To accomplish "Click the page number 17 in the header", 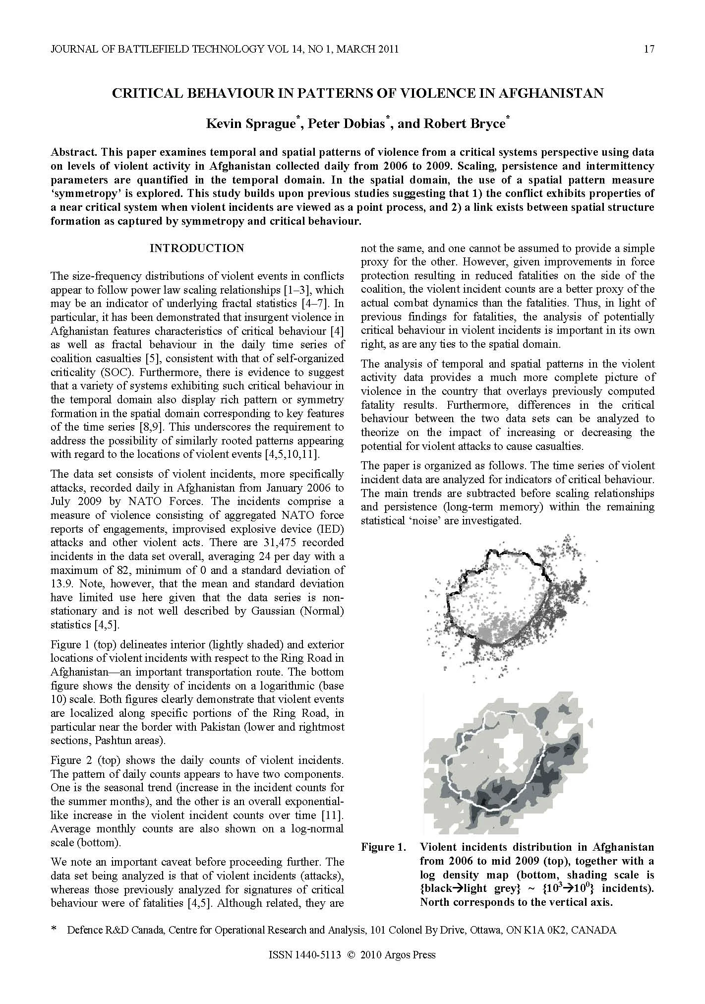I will [649, 49].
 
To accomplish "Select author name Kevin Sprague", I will [249, 124].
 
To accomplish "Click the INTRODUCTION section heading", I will [197, 248].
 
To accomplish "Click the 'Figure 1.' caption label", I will [383, 847].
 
